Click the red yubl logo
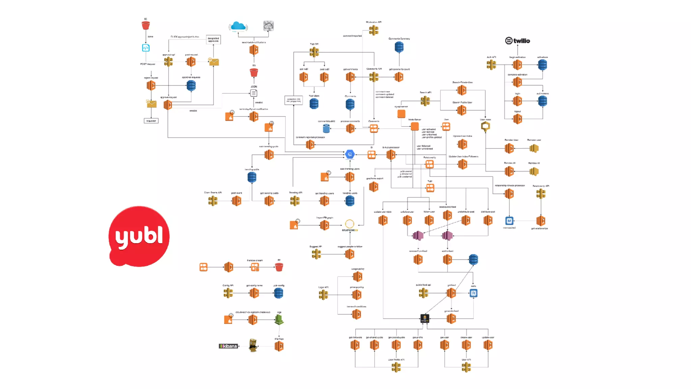pyautogui.click(x=139, y=236)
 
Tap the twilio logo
pyautogui.click(x=517, y=41)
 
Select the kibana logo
pyautogui.click(x=228, y=346)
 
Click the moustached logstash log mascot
pyautogui.click(x=253, y=345)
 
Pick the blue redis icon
pyautogui.click(x=473, y=293)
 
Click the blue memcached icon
pyautogui.click(x=509, y=221)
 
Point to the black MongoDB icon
pyautogui.click(x=424, y=318)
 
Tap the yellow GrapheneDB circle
pyautogui.click(x=350, y=224)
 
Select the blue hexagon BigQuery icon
pyautogui.click(x=350, y=154)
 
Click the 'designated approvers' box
pyautogui.click(x=213, y=40)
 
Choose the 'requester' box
pyautogui.click(x=151, y=121)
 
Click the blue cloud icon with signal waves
pyautogui.click(x=238, y=26)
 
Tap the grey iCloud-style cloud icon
pyautogui.click(x=269, y=26)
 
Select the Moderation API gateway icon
pyautogui.click(x=374, y=30)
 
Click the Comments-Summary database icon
pyautogui.click(x=399, y=47)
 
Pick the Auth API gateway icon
pyautogui.click(x=491, y=64)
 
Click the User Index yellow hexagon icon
pyautogui.click(x=485, y=126)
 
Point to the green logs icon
pyautogui.click(x=279, y=319)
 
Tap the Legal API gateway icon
pyautogui.click(x=323, y=295)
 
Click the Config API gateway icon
pyautogui.click(x=228, y=293)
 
